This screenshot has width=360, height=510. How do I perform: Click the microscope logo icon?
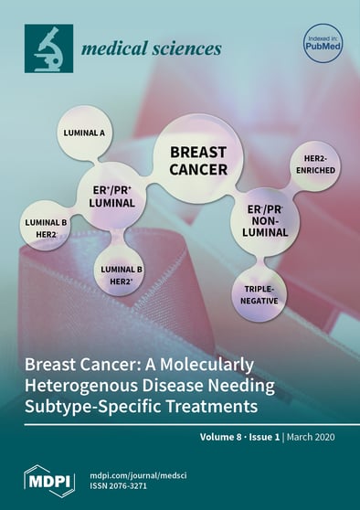click(48, 48)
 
